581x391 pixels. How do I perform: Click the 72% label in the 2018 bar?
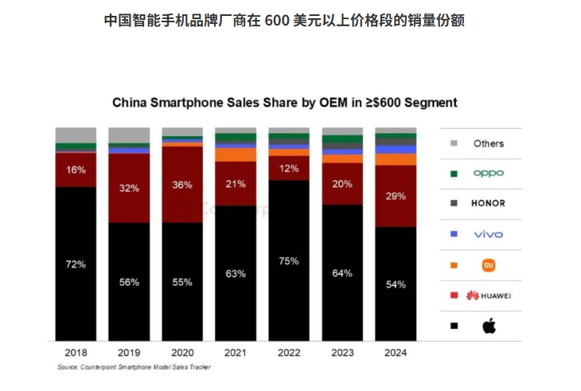[76, 264]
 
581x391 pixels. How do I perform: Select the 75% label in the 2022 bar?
[289, 260]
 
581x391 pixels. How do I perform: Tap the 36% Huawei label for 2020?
[182, 185]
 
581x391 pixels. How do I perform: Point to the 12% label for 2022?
[289, 168]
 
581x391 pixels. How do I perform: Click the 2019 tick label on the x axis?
[129, 352]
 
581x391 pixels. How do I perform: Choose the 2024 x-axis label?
[396, 352]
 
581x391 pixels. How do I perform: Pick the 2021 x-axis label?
[236, 352]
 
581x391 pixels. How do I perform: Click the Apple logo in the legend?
[489, 325]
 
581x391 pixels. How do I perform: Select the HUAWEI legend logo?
[489, 295]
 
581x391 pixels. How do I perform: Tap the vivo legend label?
[489, 233]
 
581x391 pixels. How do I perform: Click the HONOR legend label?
[489, 203]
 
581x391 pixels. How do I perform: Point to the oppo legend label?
[489, 173]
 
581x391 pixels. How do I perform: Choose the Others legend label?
[489, 143]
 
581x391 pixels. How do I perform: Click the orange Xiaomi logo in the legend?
[489, 264]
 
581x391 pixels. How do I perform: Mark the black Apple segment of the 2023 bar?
[342, 287]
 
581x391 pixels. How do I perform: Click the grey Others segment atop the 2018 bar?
[76, 135]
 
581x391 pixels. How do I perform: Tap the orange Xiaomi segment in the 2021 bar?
[236, 154]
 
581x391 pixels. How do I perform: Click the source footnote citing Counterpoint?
[135, 367]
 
